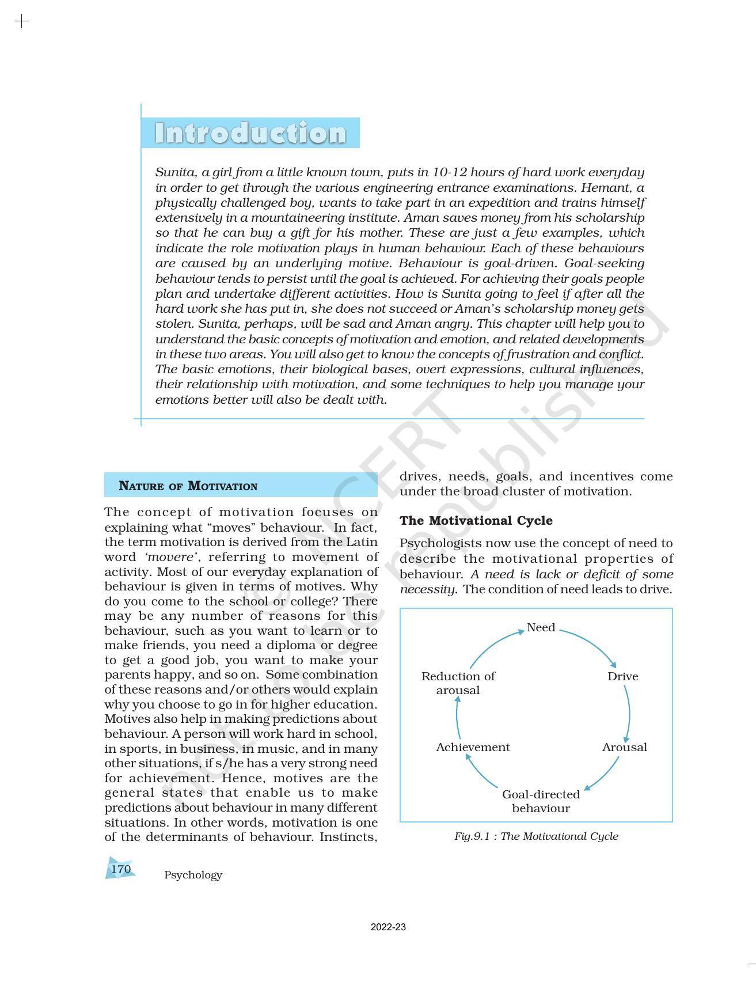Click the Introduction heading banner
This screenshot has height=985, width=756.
(x=250, y=133)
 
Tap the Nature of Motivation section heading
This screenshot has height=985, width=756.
(x=188, y=486)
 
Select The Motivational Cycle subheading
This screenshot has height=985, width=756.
(x=476, y=521)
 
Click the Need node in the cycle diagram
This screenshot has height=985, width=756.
(x=541, y=627)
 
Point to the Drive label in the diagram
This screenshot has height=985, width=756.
(x=622, y=676)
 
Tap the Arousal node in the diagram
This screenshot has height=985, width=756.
(x=624, y=747)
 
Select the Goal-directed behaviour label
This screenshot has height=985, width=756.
(x=541, y=801)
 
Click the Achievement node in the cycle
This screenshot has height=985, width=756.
(x=473, y=747)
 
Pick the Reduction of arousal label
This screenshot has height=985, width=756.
(x=458, y=683)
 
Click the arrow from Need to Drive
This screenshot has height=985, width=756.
(x=593, y=642)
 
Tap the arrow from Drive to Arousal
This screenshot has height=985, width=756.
(x=628, y=711)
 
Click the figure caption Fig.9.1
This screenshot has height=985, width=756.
(x=535, y=836)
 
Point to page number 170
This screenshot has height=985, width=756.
(x=121, y=869)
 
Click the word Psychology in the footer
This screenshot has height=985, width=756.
(x=193, y=875)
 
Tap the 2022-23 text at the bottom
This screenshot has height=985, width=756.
(x=388, y=927)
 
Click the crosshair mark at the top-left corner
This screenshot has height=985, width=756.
(x=21, y=22)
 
